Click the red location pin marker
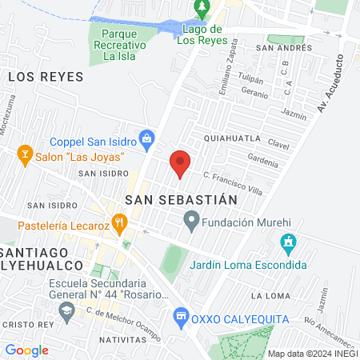[181, 162]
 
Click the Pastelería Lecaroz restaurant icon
[120, 222]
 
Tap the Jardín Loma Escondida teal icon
[289, 242]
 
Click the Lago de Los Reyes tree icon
[202, 9]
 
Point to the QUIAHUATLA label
[232, 138]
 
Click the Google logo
[26, 350]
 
